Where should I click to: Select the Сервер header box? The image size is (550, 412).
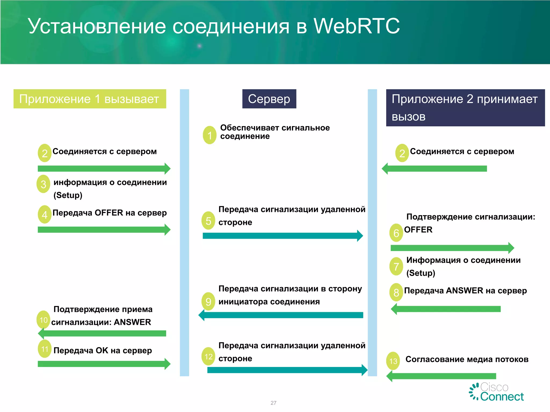pos(269,99)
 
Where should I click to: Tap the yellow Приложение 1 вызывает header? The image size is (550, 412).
pos(90,99)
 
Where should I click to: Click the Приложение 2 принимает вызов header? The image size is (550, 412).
pos(465,108)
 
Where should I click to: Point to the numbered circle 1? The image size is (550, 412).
pos(209,135)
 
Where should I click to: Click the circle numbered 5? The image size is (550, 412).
pos(208,221)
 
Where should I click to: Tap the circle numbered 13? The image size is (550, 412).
pos(393,361)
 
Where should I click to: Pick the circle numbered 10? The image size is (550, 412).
pos(44,320)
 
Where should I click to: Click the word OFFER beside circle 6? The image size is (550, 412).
pos(418,230)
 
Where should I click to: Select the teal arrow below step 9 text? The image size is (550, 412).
pos(281,315)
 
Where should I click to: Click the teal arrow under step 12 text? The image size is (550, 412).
pos(287,370)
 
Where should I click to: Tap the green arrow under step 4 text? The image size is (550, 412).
pos(104,230)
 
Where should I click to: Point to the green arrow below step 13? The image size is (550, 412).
pos(441,376)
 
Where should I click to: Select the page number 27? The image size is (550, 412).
pos(273,403)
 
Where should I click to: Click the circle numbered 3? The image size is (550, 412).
pos(44,184)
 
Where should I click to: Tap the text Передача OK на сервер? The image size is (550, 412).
pos(103,350)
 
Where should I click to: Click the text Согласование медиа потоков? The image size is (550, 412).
pos(467,359)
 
